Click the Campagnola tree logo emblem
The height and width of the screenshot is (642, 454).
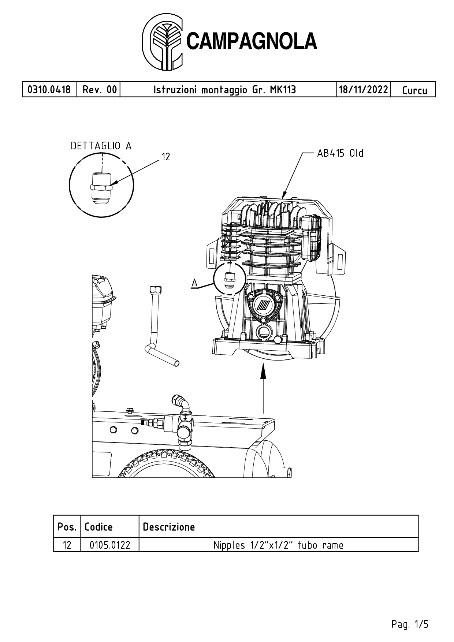point(163,42)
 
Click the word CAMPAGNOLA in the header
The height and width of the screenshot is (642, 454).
point(252,41)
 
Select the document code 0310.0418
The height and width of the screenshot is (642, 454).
point(49,90)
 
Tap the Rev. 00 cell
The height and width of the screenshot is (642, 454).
point(100,90)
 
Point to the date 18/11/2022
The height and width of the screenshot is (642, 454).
point(363,90)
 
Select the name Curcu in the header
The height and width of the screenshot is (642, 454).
point(414,90)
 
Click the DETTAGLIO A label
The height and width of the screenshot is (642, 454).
point(101,146)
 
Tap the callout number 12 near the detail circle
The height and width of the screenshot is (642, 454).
point(166,157)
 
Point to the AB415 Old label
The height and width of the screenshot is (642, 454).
point(340,153)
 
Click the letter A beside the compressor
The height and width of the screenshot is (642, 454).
point(194,283)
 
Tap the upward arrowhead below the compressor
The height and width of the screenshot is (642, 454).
point(263,372)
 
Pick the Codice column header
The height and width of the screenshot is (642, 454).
point(98,527)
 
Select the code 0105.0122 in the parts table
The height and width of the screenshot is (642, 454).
point(110,545)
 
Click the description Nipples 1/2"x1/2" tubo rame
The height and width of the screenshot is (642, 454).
point(279,545)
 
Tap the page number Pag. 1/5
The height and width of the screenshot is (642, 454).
point(410,624)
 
